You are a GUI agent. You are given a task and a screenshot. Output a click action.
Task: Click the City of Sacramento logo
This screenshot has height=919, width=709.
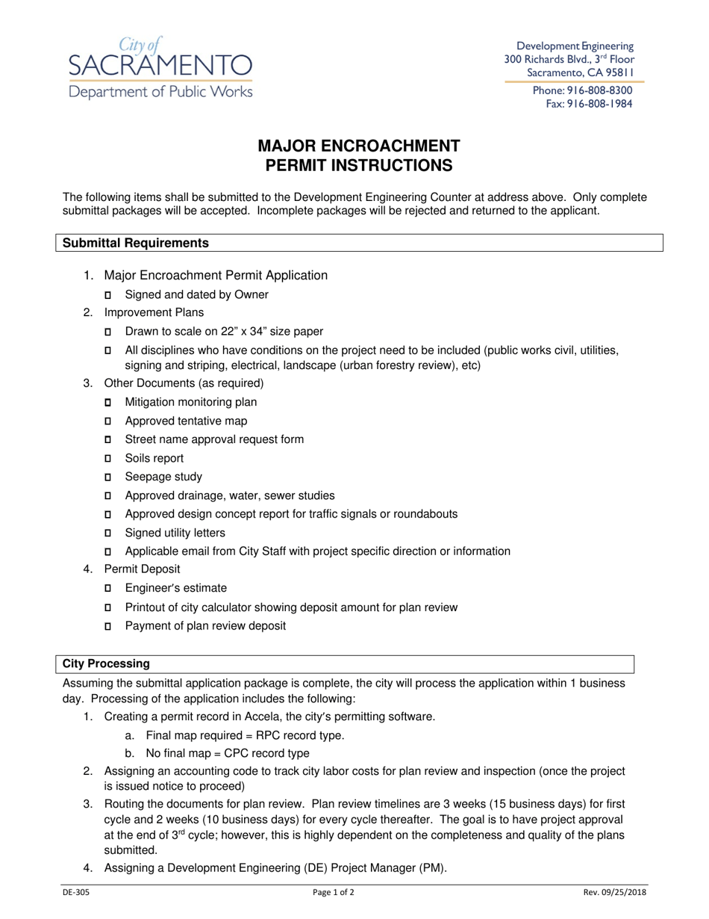160,69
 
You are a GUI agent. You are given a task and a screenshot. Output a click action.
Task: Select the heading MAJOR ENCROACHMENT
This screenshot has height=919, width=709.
359,146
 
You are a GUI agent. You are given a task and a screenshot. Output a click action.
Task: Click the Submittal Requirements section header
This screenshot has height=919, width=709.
135,243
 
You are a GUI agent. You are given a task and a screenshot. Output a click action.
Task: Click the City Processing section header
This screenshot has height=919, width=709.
106,663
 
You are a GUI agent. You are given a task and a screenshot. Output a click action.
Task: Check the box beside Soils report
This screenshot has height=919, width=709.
107,459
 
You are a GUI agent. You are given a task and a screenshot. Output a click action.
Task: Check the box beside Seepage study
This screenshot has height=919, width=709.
107,477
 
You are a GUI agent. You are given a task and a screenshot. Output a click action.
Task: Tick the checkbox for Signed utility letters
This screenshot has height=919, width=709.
107,533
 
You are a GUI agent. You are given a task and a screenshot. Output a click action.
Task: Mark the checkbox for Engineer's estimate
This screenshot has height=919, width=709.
107,589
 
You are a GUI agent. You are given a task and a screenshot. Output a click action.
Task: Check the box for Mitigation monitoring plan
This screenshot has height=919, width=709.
107,403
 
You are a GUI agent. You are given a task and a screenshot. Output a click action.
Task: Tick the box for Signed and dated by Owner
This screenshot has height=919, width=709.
107,295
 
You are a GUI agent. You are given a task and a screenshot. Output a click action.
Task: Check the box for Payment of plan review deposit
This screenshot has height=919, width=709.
107,626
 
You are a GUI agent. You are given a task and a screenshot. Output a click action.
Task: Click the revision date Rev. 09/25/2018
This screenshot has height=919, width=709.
615,892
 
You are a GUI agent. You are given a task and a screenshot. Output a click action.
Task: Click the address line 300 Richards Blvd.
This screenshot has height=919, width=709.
569,59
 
